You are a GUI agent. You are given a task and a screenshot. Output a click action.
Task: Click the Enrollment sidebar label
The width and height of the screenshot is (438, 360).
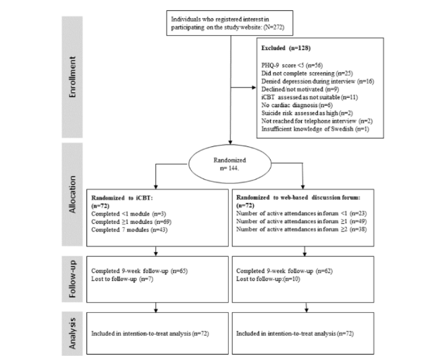coord(72,77)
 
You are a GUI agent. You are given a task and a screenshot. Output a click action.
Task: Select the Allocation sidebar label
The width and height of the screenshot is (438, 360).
coord(72,195)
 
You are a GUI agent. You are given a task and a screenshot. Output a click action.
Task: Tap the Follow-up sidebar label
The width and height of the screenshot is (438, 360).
coord(72,279)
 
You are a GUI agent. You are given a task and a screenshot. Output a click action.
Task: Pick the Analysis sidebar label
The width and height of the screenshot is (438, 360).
coord(72,334)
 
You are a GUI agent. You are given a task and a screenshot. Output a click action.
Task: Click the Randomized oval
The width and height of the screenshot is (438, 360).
coord(230,164)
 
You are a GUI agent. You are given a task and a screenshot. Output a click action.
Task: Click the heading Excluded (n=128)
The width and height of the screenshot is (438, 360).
coord(285,48)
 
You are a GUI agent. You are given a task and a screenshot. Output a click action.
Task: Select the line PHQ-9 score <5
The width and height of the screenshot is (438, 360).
coord(292,65)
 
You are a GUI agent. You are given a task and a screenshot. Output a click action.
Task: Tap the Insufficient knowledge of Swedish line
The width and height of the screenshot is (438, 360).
coord(315,129)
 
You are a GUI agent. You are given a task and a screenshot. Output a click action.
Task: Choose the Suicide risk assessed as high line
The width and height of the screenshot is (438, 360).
coord(307,113)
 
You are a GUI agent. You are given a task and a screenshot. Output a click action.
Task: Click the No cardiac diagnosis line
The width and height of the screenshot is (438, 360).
coord(297,105)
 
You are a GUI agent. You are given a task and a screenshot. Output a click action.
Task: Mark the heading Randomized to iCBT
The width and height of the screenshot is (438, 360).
coord(122,202)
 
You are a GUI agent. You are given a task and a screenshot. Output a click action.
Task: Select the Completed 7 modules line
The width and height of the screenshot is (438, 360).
coord(130,230)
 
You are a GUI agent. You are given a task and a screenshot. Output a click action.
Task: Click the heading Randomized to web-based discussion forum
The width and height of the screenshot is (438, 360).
coord(298,201)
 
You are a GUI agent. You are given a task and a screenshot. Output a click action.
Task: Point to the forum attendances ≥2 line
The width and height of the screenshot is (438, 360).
coord(302,229)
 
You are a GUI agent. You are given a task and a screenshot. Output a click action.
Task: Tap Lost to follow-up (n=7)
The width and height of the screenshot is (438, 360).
coord(122,279)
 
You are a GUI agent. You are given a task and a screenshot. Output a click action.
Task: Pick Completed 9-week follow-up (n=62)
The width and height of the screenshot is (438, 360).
coord(284,271)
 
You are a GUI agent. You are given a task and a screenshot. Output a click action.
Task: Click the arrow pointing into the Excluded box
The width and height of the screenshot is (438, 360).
coord(244,88)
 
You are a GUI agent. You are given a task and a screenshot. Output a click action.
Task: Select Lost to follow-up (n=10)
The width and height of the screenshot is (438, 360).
coord(268,279)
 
